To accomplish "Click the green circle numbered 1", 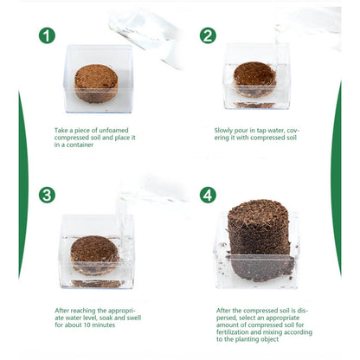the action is pyautogui.click(x=47, y=35).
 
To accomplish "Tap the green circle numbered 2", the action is pyautogui.click(x=208, y=35).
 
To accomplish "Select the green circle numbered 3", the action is pyautogui.click(x=47, y=195).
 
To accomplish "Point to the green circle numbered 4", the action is pyautogui.click(x=208, y=195).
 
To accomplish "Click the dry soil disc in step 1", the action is pyautogui.click(x=96, y=84).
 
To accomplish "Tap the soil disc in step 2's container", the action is pyautogui.click(x=254, y=79).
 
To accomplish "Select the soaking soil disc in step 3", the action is pyautogui.click(x=94, y=254).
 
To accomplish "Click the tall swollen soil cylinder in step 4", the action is pyautogui.click(x=259, y=241).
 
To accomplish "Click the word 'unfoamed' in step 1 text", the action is pyautogui.click(x=113, y=131).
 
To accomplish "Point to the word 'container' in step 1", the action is pyautogui.click(x=80, y=145).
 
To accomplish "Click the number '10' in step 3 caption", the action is pyautogui.click(x=87, y=325).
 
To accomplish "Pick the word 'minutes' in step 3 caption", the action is pyautogui.click(x=104, y=325).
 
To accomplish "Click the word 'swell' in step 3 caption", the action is pyautogui.click(x=133, y=318).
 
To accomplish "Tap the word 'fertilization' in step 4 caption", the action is pyautogui.click(x=234, y=332).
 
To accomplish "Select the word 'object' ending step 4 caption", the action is pyautogui.click(x=269, y=340).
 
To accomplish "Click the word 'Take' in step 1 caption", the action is pyautogui.click(x=61, y=131).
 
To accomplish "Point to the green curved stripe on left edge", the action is pyautogui.click(x=23, y=184).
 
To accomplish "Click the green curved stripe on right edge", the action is pyautogui.click(x=337, y=179).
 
